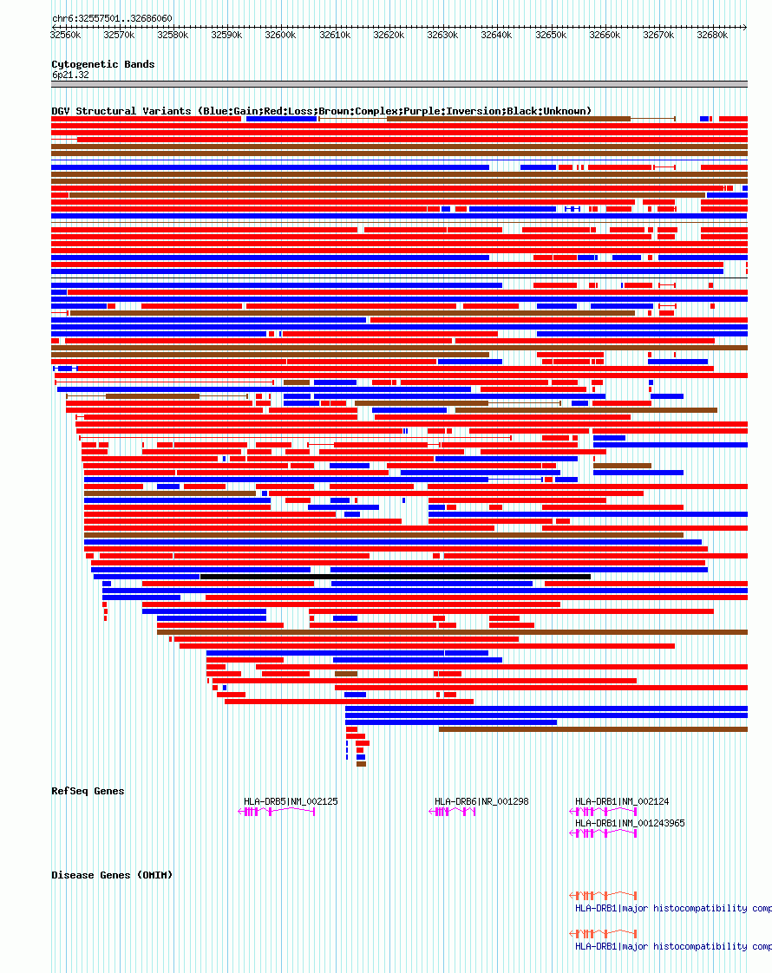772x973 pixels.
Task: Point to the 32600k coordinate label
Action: click(280, 36)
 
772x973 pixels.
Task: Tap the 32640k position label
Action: click(496, 36)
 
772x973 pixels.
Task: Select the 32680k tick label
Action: click(712, 36)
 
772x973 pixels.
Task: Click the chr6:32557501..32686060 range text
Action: click(112, 18)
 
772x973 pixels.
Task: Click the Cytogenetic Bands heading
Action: click(103, 64)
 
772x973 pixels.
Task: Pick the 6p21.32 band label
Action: click(70, 75)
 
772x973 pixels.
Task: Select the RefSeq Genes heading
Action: click(88, 791)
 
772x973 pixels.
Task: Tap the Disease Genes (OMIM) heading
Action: click(112, 875)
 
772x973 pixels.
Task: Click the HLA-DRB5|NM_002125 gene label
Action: click(291, 801)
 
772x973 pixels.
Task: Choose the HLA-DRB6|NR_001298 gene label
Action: click(481, 801)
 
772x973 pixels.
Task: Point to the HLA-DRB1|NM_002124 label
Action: click(622, 801)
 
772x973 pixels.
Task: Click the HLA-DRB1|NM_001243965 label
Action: click(630, 823)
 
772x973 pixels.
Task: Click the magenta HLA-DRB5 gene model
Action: click(278, 812)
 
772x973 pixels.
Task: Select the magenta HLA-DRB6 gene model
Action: click(453, 812)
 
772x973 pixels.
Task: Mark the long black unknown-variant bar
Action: click(395, 577)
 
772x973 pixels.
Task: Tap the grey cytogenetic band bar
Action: click(399, 84)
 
